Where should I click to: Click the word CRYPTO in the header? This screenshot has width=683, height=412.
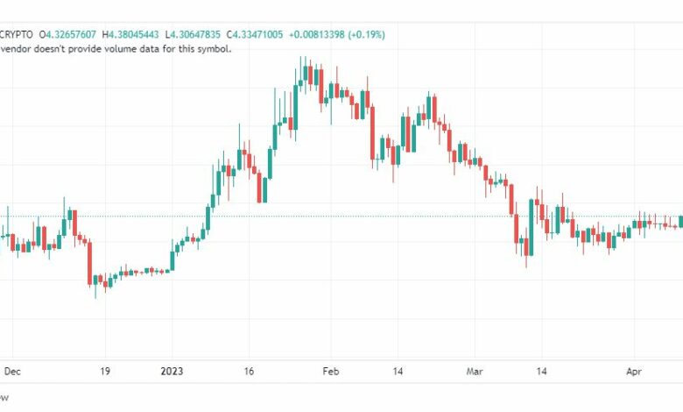click(16, 34)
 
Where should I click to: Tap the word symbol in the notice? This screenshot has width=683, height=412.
click(213, 48)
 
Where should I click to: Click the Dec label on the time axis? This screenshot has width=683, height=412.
click(12, 371)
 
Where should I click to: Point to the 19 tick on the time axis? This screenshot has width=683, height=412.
click(105, 371)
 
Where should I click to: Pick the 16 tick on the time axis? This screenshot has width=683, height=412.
click(249, 371)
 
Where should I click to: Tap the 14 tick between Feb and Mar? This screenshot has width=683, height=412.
click(398, 371)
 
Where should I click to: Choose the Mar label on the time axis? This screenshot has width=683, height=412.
click(475, 371)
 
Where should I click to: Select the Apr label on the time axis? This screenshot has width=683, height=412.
click(633, 371)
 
